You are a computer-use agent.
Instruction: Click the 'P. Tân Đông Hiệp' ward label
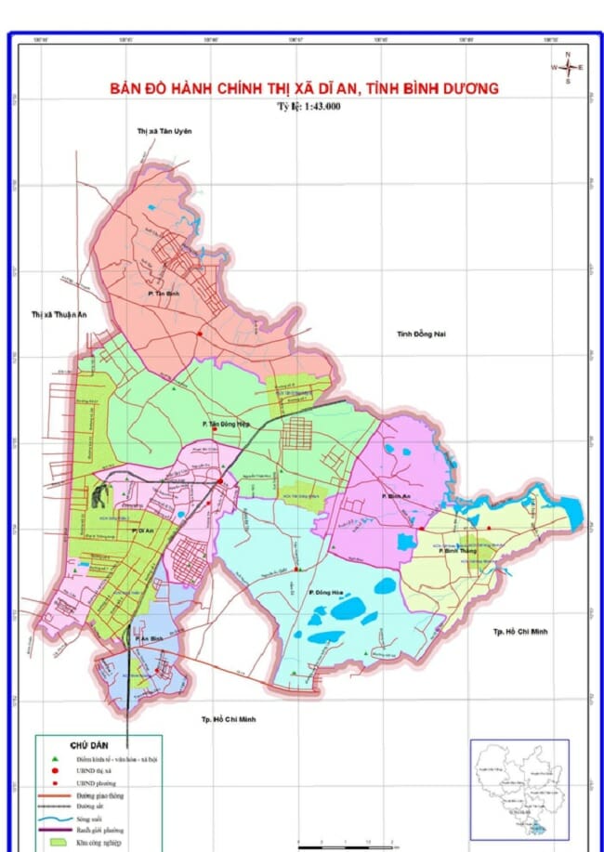[x=227, y=423]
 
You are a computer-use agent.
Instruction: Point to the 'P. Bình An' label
[x=396, y=498]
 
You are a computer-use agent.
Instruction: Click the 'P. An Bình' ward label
[x=148, y=639]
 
